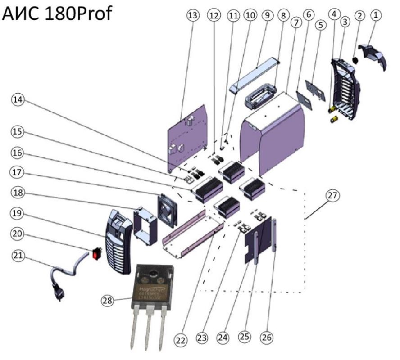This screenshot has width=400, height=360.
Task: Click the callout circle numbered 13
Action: [x=193, y=15]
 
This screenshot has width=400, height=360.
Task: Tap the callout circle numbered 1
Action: [x=376, y=15]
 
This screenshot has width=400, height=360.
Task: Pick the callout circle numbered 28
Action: [x=107, y=299]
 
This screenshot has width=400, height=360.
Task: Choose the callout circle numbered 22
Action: [x=181, y=341]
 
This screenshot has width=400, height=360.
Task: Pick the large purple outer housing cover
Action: [x=275, y=135]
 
